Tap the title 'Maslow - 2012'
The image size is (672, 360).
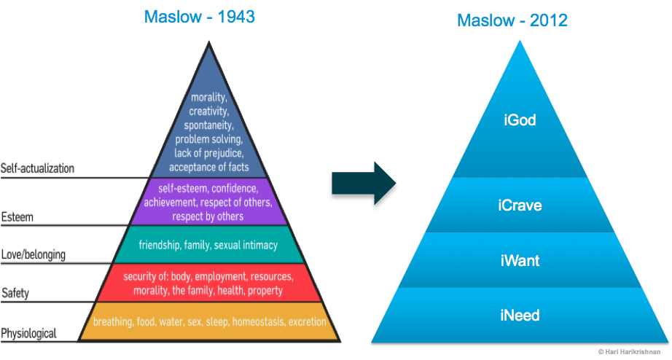(512, 20)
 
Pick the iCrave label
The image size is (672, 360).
(520, 206)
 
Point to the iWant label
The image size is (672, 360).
(520, 259)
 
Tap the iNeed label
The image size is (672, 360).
(520, 316)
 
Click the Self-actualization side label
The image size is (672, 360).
(37, 168)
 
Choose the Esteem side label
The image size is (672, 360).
(17, 217)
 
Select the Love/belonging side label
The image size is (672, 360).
(34, 254)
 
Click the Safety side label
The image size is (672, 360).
(15, 293)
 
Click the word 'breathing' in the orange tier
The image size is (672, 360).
(114, 321)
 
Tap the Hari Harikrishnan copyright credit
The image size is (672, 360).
(631, 351)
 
